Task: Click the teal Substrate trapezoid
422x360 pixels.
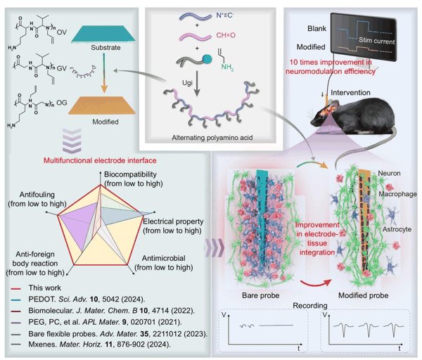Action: click(x=103, y=34)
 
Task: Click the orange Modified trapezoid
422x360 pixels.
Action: click(x=102, y=105)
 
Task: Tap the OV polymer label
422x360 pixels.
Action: click(x=62, y=32)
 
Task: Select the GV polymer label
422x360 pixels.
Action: click(x=62, y=68)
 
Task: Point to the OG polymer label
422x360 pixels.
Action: click(x=62, y=103)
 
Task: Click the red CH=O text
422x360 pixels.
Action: click(x=226, y=35)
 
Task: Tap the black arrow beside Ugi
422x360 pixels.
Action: click(x=197, y=84)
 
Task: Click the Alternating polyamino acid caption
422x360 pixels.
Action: click(x=212, y=138)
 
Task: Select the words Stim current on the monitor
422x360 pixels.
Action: click(x=376, y=41)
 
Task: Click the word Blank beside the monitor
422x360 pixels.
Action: click(x=316, y=29)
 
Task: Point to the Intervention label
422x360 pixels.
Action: click(x=350, y=93)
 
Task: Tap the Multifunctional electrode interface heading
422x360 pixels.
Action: click(x=100, y=160)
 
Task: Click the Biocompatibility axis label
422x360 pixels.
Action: click(x=130, y=174)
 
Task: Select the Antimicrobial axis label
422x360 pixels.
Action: click(x=164, y=258)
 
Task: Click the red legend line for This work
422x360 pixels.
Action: click(x=16, y=289)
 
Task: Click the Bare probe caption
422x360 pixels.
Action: click(x=260, y=295)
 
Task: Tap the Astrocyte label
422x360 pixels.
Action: click(x=397, y=229)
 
